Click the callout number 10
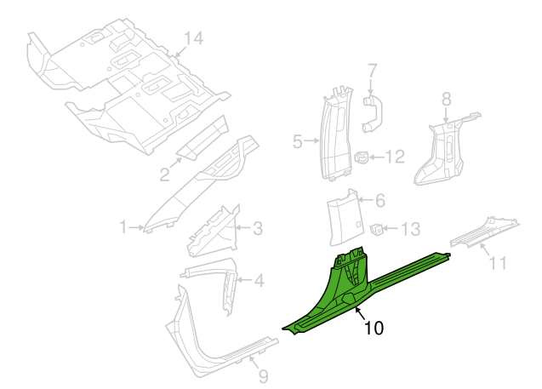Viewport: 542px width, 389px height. click(x=374, y=328)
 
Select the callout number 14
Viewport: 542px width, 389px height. click(x=193, y=38)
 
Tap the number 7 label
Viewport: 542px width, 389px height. click(x=371, y=71)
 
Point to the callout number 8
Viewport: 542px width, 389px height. click(x=447, y=99)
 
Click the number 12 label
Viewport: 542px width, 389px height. click(x=395, y=157)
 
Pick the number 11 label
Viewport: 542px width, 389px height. click(x=498, y=263)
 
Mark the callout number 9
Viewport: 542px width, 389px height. click(x=264, y=376)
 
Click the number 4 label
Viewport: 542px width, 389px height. click(x=259, y=280)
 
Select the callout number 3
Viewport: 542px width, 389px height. click(x=258, y=228)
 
